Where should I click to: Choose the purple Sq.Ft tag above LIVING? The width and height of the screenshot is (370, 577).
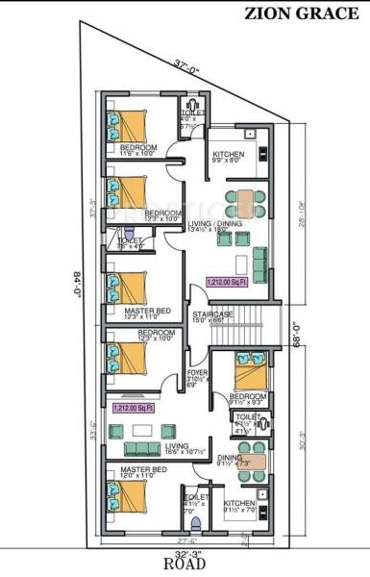click(x=134, y=408)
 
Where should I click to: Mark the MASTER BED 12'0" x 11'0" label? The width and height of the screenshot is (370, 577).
click(x=141, y=472)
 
